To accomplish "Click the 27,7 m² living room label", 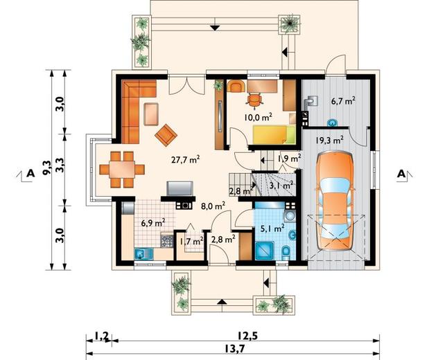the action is tap(186, 159).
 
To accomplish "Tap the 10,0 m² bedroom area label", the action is tap(259, 118).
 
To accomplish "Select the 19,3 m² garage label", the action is tap(329, 141).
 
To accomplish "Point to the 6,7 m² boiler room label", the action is tap(343, 101).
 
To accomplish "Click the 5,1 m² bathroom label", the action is tap(272, 228).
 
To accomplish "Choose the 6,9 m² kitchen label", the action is tap(153, 223).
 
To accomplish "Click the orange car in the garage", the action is tap(335, 200).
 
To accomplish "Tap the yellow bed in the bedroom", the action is tap(274, 134).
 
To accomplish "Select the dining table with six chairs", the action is tap(122, 170).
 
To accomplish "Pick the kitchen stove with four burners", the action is tap(166, 241).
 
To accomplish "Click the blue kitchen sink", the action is tap(143, 253).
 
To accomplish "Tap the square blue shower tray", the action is tap(264, 251).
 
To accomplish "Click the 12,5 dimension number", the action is tap(248, 335).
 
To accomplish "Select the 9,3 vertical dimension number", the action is tap(47, 168).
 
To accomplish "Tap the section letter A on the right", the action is tap(401, 174).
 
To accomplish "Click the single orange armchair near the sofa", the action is tap(166, 135).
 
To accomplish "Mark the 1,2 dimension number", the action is tap(102, 336).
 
